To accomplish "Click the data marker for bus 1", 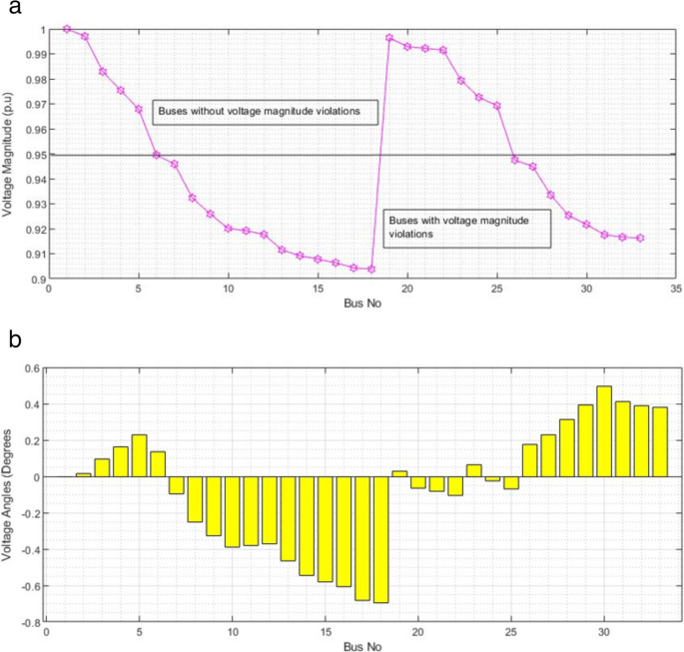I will [67, 29].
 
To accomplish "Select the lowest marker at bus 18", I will [371, 269].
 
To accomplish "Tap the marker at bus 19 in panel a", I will [389, 38].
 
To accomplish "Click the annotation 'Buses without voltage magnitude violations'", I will [265, 112].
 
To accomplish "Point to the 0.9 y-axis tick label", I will [38, 280].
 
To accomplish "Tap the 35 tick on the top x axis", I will [675, 291].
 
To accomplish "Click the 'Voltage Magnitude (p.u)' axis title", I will [10, 154].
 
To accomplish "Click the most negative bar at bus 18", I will [380, 539].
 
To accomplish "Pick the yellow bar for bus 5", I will [139, 456].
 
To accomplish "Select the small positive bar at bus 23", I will [473, 470].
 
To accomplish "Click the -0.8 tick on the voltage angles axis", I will [32, 622].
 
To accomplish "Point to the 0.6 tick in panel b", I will [34, 368].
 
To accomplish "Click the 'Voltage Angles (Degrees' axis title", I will [10, 495].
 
